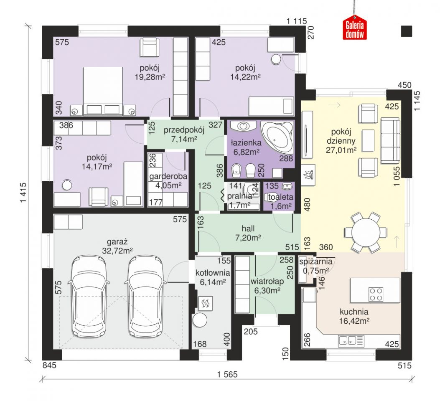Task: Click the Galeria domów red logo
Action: [x=355, y=28]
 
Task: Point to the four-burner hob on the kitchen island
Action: [x=376, y=294]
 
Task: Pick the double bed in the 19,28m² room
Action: [x=103, y=91]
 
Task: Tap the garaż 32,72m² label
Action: [x=117, y=246]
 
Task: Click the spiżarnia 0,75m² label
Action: [x=316, y=266]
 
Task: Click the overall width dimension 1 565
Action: [x=227, y=374]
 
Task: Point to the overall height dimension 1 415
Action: [x=23, y=193]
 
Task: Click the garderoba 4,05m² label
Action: [x=168, y=180]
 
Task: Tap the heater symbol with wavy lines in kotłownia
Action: [x=206, y=303]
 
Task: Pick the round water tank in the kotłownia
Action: [x=199, y=320]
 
